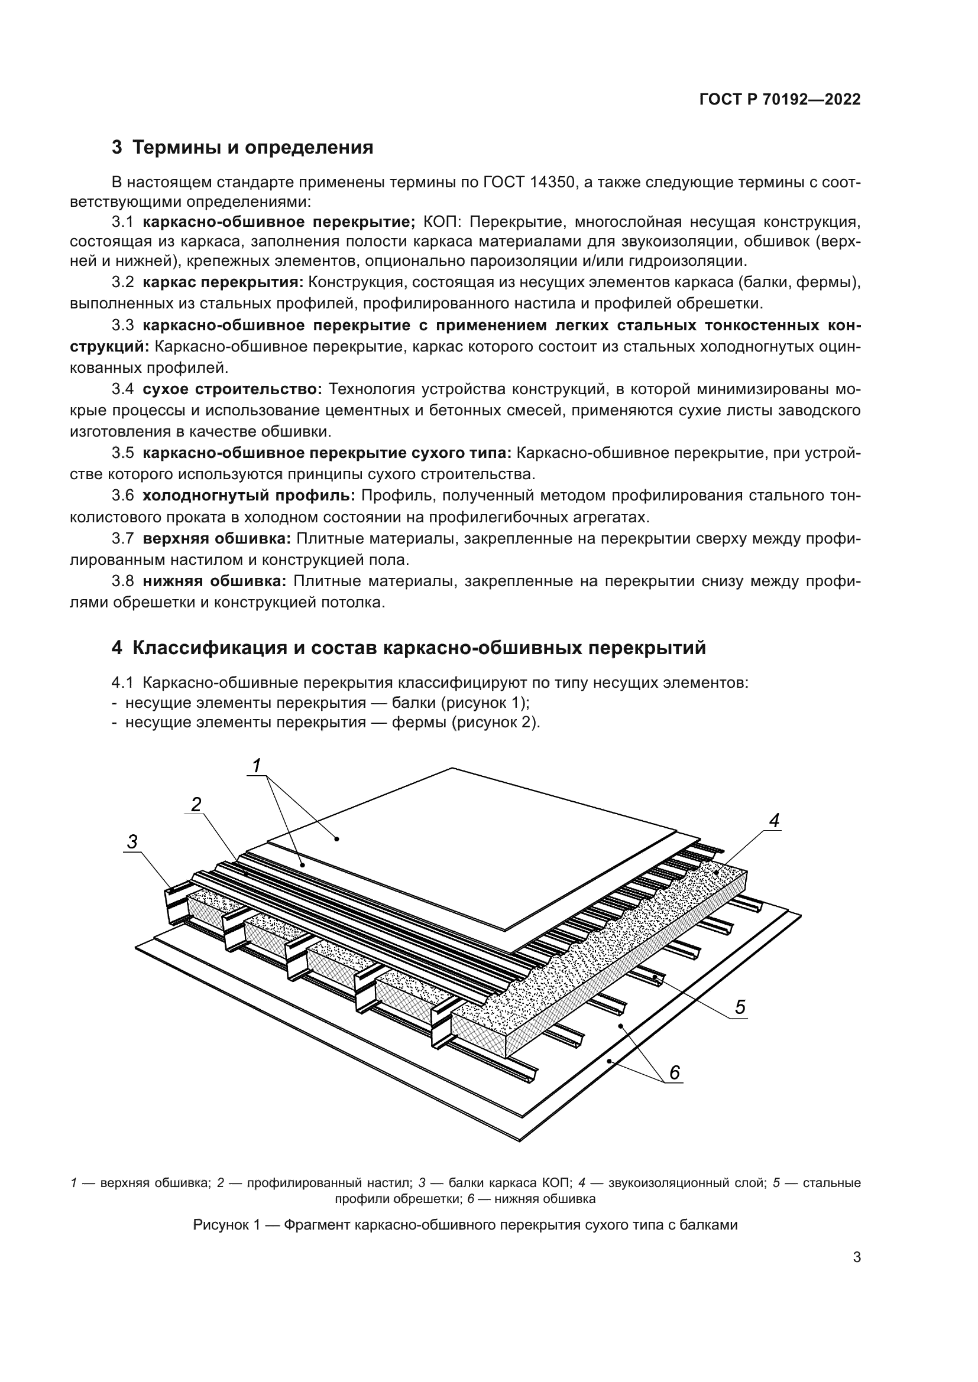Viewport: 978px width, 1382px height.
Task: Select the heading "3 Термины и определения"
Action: tap(242, 148)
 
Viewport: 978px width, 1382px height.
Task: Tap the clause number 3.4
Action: tap(122, 389)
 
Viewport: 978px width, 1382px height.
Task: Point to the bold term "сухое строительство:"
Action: tap(232, 389)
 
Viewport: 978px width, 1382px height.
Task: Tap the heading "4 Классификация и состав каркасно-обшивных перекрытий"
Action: tap(409, 648)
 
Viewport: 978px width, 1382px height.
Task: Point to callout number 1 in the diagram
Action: tap(257, 766)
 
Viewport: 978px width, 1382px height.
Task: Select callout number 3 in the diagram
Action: tap(132, 841)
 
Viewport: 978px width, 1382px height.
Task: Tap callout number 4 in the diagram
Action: tap(774, 820)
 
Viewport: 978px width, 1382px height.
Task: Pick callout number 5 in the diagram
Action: tap(740, 1006)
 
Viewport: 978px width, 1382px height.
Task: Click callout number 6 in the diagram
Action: tap(675, 1072)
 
